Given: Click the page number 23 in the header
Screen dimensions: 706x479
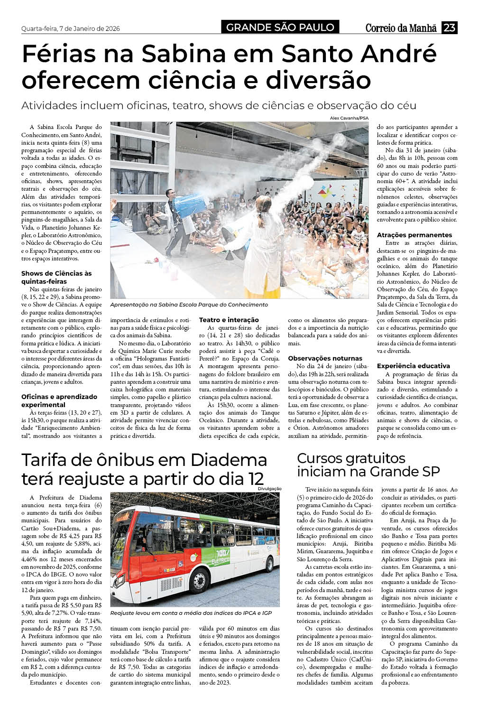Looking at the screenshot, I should pyautogui.click(x=449, y=28).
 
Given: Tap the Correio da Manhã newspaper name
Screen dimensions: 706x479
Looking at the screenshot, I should pyautogui.click(x=401, y=28).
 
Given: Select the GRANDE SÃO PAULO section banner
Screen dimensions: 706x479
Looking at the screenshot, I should pyautogui.click(x=280, y=28).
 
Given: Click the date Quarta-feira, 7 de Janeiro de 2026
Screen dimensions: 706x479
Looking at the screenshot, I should pyautogui.click(x=71, y=28).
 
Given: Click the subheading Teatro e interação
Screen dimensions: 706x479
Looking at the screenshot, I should pyautogui.click(x=229, y=320).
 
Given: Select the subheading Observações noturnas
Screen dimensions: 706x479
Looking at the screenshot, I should pyautogui.click(x=325, y=358).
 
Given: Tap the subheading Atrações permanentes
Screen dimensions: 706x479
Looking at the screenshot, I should pyautogui.click(x=414, y=235).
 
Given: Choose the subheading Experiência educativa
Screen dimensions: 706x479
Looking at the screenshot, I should pyautogui.click(x=413, y=366).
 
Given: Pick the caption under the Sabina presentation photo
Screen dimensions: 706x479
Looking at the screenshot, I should pyautogui.click(x=189, y=305).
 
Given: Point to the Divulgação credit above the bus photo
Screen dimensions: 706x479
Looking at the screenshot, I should pyautogui.click(x=270, y=489).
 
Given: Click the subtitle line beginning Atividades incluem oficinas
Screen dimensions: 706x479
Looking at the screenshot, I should pyautogui.click(x=219, y=105).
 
